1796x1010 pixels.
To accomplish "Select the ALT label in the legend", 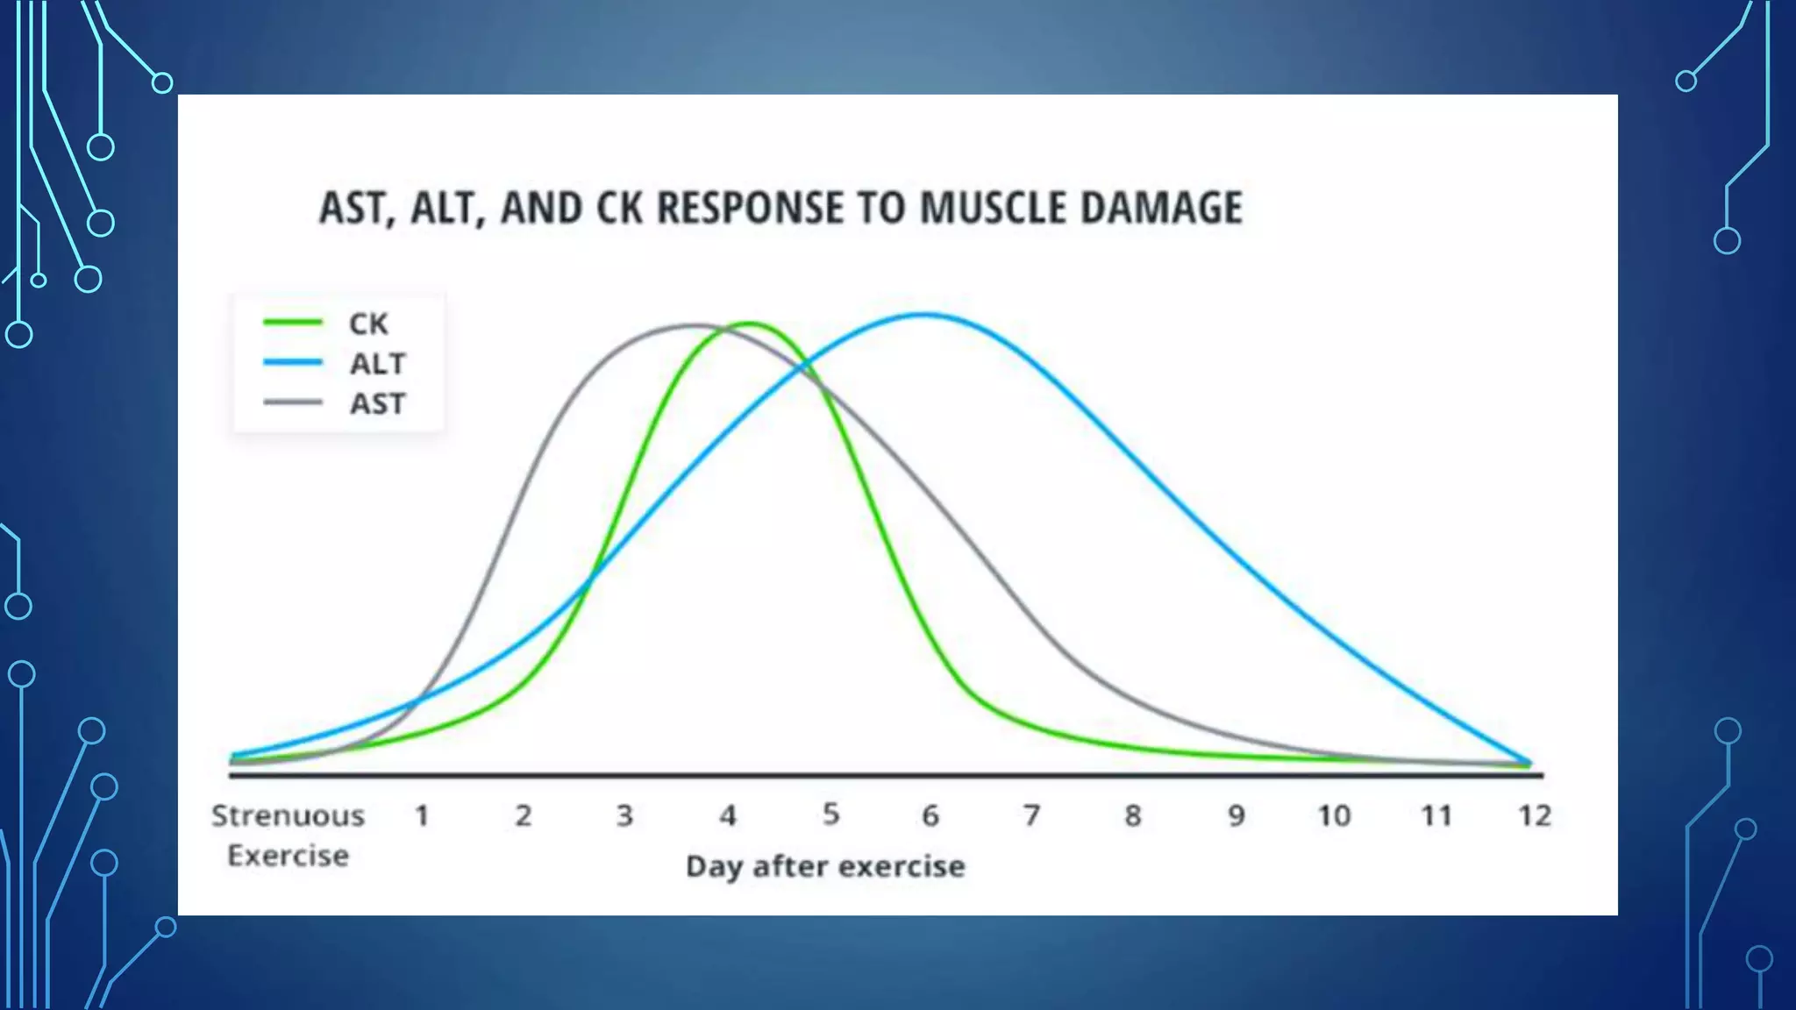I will tap(378, 363).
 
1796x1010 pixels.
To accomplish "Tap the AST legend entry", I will tap(378, 403).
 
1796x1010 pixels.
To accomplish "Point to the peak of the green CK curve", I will tap(750, 324).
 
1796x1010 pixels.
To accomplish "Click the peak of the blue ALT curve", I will tap(923, 314).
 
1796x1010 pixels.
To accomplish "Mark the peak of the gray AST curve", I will tap(693, 325).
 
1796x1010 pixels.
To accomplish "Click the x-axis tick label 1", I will tap(422, 816).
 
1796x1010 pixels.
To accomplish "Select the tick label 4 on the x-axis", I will tap(728, 816).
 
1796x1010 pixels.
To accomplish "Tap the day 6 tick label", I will tap(930, 816).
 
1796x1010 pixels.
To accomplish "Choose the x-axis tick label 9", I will tap(1236, 816).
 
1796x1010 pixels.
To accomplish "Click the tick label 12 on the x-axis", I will tap(1535, 816).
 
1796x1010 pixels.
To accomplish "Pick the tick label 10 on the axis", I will tap(1334, 816).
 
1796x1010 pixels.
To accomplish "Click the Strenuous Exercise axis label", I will tap(288, 835).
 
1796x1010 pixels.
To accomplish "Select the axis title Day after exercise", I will tap(825, 866).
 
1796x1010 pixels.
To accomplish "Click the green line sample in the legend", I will tap(293, 323).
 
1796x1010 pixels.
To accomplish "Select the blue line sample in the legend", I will tap(293, 362).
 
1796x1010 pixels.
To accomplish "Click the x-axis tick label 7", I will tap(1031, 816).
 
